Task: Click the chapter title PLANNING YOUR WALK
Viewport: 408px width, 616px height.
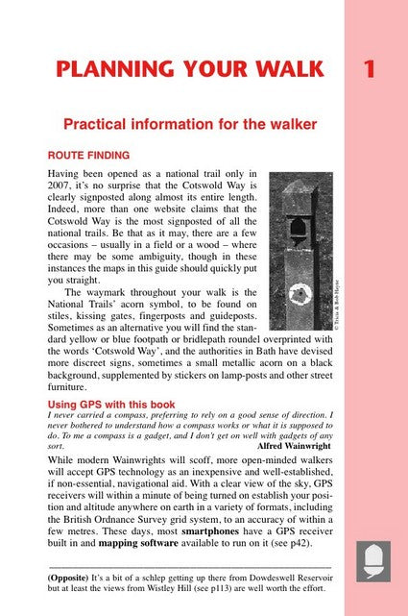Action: click(x=189, y=70)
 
